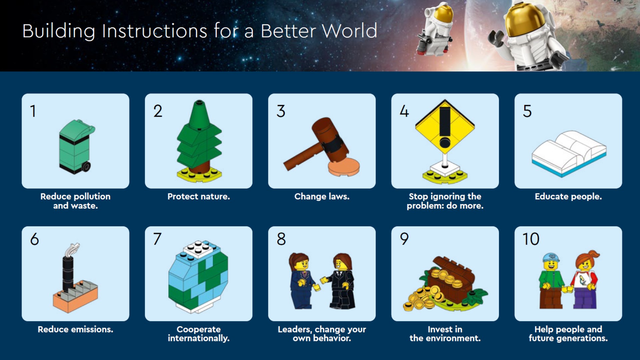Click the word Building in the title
click(59, 31)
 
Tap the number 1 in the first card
click(33, 111)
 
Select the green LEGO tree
click(199, 141)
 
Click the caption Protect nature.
click(199, 196)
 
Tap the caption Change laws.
click(322, 196)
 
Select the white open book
click(569, 153)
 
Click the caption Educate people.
click(568, 196)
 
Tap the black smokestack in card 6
click(68, 273)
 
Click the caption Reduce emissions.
click(75, 329)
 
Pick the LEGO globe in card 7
click(198, 277)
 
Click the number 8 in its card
click(281, 239)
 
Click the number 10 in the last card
click(531, 239)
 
